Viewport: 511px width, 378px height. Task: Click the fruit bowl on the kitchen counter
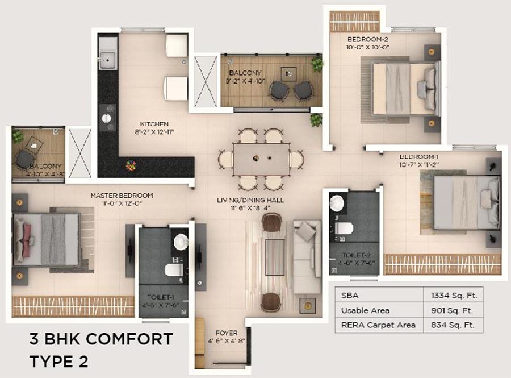click(x=131, y=166)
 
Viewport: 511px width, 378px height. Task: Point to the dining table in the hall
click(x=261, y=159)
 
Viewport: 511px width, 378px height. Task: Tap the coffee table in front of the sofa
click(x=275, y=257)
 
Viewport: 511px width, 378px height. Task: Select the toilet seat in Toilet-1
click(x=173, y=269)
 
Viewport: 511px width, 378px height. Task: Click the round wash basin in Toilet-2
click(x=338, y=203)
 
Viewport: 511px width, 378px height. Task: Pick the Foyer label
click(x=226, y=333)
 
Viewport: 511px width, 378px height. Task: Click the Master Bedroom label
click(x=122, y=196)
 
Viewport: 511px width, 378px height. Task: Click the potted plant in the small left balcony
click(x=18, y=136)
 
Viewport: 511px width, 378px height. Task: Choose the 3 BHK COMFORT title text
click(x=100, y=339)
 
